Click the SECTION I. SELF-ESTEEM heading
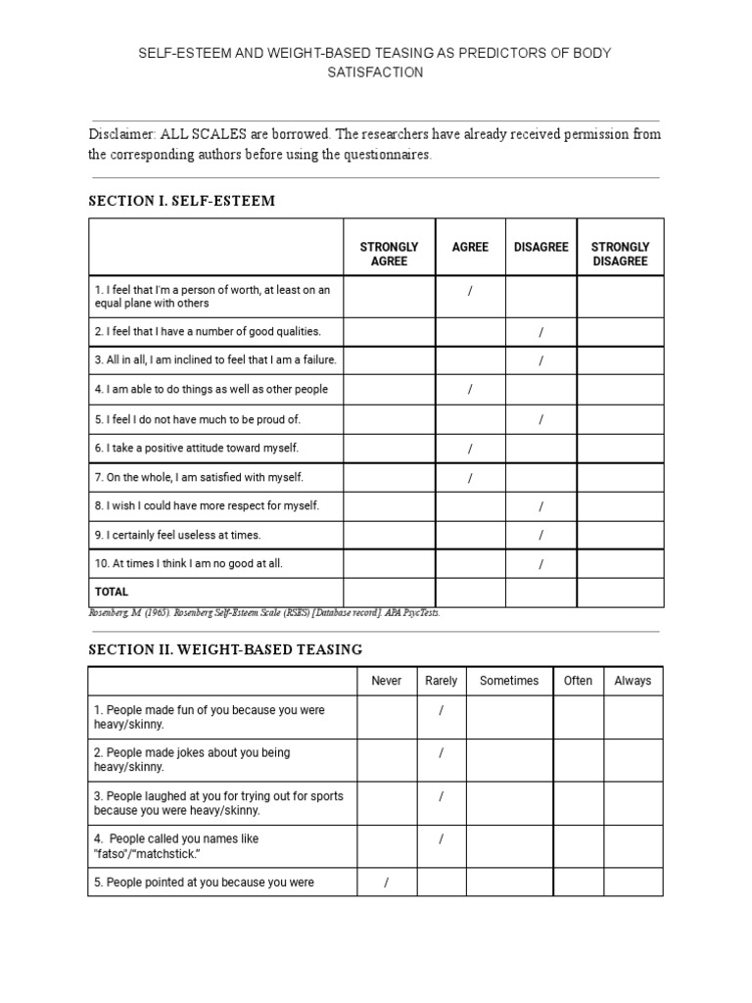tap(181, 201)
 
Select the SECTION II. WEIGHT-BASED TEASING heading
tap(225, 649)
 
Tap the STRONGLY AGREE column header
tap(389, 254)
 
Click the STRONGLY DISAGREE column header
tap(620, 254)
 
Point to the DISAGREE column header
tap(540, 247)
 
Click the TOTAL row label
tap(111, 592)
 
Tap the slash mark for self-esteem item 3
tap(540, 360)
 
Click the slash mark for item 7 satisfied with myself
tap(470, 478)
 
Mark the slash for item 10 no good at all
tap(540, 565)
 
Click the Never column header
tap(387, 681)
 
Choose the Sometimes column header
tap(509, 681)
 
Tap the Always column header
tap(633, 681)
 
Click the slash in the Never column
tap(387, 883)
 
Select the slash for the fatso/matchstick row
tap(442, 839)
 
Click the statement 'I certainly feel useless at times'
tap(177, 535)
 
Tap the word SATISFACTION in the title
tap(376, 72)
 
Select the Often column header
tap(578, 681)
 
